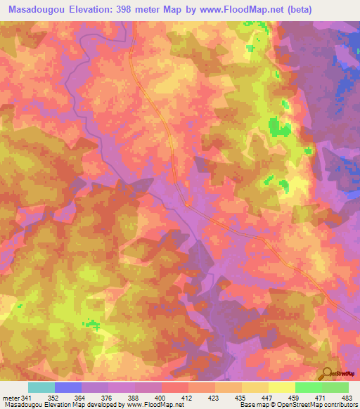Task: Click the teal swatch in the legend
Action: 41,387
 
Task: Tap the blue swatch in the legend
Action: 68,387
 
